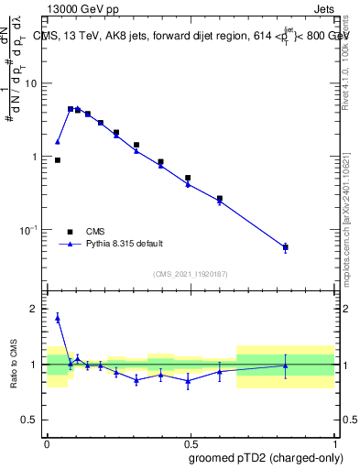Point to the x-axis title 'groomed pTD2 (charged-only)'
point(267,457)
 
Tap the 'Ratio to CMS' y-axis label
point(14,365)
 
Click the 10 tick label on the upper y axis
point(34,83)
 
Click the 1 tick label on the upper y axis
point(37,157)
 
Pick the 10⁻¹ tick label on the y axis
point(32,229)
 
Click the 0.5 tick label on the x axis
point(189,442)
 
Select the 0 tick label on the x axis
point(46,442)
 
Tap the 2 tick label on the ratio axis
point(37,310)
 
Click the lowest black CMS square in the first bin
point(58,160)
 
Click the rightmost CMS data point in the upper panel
point(286,247)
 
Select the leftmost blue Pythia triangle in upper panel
point(58,142)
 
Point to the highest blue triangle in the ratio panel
point(58,318)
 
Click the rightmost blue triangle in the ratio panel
point(286,365)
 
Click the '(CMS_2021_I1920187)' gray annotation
point(190,274)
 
